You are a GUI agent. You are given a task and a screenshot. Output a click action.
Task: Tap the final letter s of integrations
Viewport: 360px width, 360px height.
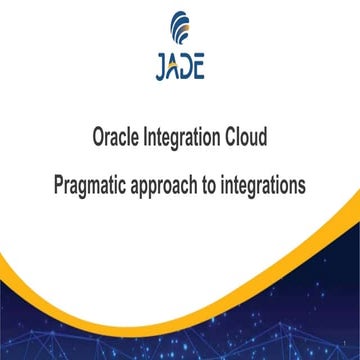click(307, 186)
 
